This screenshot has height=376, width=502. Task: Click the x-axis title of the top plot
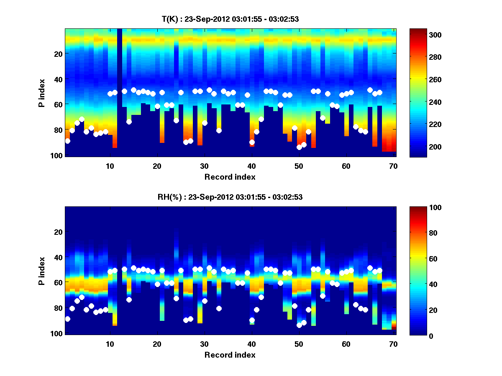pos(230,177)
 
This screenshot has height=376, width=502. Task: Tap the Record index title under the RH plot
pos(230,355)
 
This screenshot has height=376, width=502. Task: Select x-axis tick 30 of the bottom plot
pos(204,344)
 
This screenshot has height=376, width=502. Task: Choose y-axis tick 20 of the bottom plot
pos(59,232)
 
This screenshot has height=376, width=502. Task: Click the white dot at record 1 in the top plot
pos(67,141)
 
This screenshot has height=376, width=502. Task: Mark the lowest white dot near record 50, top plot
pos(299,147)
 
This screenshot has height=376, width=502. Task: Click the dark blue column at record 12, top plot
pos(120,92)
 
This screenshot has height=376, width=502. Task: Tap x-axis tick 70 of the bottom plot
pos(393,344)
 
